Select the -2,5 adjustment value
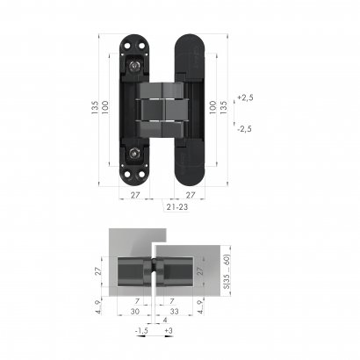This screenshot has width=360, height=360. point(245,129)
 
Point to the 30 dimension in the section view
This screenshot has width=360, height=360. point(133,311)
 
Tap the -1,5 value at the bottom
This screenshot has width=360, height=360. point(142,332)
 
